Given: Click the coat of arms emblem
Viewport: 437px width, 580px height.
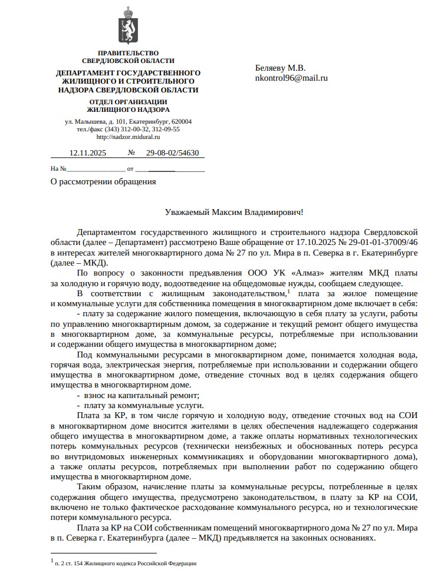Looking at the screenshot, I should pyautogui.click(x=127, y=26).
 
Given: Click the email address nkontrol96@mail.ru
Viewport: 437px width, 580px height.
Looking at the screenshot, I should pyautogui.click(x=291, y=77).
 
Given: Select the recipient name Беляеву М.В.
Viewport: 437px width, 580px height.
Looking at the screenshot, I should pyautogui.click(x=280, y=67).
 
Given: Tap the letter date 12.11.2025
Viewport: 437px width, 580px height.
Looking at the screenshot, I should pyautogui.click(x=87, y=153).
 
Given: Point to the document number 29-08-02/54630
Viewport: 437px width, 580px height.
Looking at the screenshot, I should pyautogui.click(x=172, y=153).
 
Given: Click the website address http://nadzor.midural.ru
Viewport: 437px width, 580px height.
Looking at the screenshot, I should pyautogui.click(x=128, y=137).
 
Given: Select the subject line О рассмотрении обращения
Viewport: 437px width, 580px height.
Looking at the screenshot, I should pyautogui.click(x=104, y=181).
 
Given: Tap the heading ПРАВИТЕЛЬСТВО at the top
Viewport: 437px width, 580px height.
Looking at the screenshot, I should pyautogui.click(x=128, y=54).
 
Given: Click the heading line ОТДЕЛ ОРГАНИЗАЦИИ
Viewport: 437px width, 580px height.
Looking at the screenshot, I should pyautogui.click(x=128, y=102).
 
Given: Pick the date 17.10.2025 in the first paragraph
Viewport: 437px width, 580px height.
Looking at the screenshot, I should pyautogui.click(x=316, y=242).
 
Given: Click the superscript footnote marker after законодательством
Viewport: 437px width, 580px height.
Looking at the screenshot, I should pyautogui.click(x=288, y=290).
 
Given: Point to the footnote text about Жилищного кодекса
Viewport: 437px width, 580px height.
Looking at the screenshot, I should pyautogui.click(x=125, y=564).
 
